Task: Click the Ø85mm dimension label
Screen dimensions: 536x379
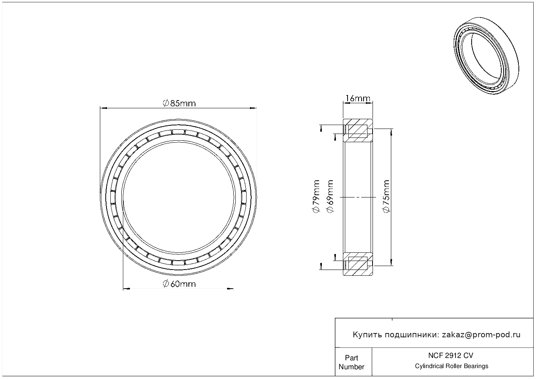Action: pos(179,103)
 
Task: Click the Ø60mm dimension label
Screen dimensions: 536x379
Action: pos(179,284)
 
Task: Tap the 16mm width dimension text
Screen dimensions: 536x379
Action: pos(358,98)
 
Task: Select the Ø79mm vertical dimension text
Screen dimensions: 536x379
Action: pos(316,196)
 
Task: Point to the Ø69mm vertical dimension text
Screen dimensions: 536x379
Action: pos(330,196)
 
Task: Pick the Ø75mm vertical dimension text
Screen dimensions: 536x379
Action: pos(386,196)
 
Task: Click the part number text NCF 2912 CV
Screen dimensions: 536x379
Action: pos(451,356)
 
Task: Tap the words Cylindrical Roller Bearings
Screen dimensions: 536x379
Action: pos(451,366)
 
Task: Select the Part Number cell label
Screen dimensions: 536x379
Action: pos(351,362)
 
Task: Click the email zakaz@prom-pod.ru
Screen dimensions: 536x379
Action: pos(481,335)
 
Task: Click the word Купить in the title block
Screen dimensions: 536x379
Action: pos(367,335)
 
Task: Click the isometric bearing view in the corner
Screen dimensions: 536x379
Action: pos(486,56)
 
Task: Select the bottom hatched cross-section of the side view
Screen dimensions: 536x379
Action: pos(358,264)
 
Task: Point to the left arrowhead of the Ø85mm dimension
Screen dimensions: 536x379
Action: pos(103,108)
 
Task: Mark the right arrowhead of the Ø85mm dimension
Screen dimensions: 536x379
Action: pos(253,108)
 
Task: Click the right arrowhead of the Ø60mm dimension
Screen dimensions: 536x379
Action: pos(230,289)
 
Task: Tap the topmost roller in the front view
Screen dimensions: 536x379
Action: pos(179,132)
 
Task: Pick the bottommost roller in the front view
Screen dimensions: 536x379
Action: pos(179,263)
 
